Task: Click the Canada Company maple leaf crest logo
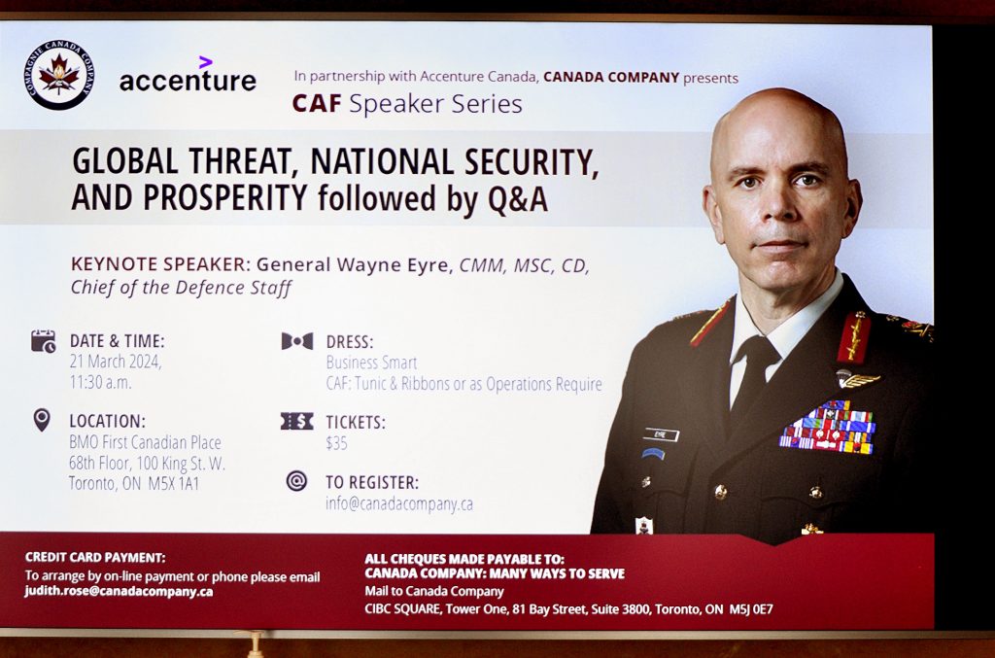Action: click(x=60, y=74)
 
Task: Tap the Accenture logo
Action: click(x=188, y=75)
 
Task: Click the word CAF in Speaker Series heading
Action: click(x=317, y=103)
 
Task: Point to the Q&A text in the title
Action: click(x=518, y=198)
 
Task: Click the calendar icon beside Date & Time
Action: click(x=44, y=341)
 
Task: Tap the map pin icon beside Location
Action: click(x=42, y=420)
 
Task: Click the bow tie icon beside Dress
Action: click(x=297, y=341)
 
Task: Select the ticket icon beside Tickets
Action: click(x=297, y=421)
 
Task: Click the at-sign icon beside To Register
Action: click(x=296, y=481)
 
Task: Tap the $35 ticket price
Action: click(x=336, y=443)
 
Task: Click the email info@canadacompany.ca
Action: click(x=399, y=503)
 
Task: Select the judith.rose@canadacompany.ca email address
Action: click(x=119, y=591)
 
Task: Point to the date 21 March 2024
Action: click(x=116, y=362)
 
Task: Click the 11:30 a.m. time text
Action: click(x=100, y=383)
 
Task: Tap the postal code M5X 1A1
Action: click(x=173, y=483)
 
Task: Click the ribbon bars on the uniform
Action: click(x=828, y=427)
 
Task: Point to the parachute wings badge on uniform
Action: click(x=857, y=379)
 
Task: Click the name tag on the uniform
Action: click(x=660, y=434)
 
